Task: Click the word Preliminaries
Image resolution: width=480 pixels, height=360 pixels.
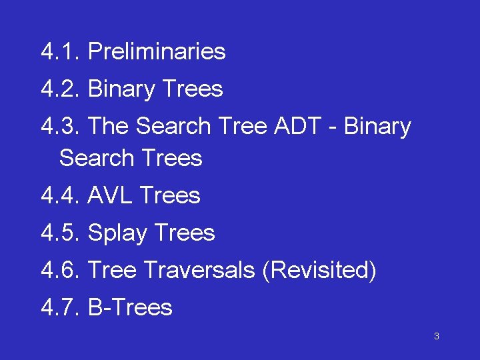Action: point(157,52)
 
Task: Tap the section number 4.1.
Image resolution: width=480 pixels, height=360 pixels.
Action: point(60,52)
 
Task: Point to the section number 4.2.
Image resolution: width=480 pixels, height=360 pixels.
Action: point(60,89)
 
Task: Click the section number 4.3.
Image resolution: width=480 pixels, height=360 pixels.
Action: point(60,127)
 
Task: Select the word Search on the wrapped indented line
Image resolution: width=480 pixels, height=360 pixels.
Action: point(97,159)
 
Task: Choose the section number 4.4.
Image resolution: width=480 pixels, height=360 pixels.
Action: point(60,196)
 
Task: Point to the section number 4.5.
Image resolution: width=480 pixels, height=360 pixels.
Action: point(60,233)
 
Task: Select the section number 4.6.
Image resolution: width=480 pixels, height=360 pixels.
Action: point(60,271)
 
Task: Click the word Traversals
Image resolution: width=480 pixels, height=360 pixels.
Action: point(199,271)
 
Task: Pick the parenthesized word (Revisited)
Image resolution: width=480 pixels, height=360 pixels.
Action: point(320,271)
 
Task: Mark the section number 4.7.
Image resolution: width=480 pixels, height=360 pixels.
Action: point(60,308)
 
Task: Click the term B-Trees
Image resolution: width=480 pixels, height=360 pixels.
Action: point(130,308)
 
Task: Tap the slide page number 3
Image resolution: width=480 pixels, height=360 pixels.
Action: point(436,337)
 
